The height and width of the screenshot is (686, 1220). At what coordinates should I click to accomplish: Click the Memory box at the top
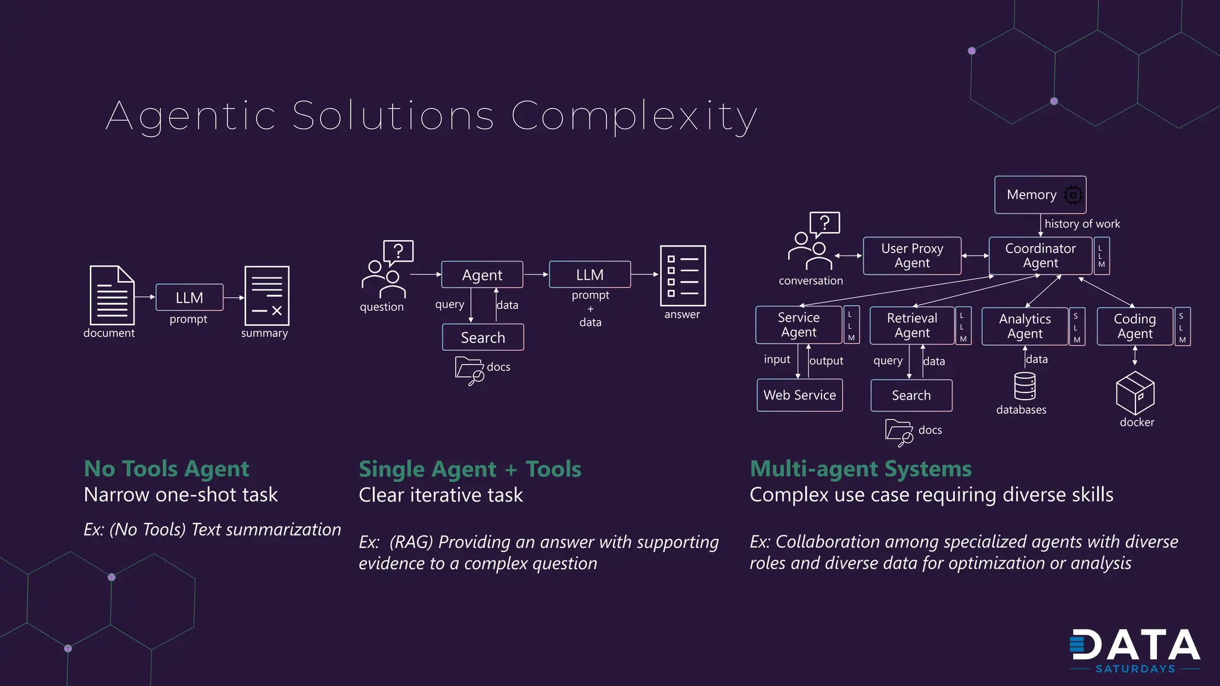pos(1040,195)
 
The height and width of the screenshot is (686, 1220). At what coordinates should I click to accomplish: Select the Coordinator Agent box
pos(1040,255)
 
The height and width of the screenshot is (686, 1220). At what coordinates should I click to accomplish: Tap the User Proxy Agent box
pos(911,255)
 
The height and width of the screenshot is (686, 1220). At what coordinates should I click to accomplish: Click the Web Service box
pos(799,395)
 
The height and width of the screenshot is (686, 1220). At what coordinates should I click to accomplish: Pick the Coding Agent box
pos(1134,326)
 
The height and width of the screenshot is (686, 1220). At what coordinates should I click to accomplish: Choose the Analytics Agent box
pos(1025,326)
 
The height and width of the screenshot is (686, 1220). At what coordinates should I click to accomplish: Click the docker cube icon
pos(1135,393)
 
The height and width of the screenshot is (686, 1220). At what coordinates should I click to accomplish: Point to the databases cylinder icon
pos(1025,386)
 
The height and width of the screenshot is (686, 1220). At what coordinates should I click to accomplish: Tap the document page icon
pos(112,295)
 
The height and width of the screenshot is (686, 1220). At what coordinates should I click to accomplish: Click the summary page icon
pos(267,295)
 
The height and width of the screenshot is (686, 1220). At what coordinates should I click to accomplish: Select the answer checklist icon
pos(683,276)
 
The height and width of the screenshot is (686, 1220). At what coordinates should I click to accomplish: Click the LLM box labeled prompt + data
pos(590,275)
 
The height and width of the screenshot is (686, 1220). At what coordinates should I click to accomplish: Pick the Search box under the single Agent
pos(483,338)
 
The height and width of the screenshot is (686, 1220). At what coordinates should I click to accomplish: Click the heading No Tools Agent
pos(166,469)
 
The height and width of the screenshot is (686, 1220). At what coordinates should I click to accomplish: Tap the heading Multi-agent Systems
pos(860,469)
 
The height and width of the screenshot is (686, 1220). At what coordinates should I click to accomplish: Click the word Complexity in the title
pos(634,116)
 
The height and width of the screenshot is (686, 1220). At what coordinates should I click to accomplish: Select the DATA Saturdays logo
pos(1134,651)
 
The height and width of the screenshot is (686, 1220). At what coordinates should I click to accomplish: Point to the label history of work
pos(1082,224)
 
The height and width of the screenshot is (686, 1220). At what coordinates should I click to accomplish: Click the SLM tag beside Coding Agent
pos(1182,327)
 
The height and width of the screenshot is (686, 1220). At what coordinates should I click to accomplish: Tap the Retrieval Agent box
pos(911,326)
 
